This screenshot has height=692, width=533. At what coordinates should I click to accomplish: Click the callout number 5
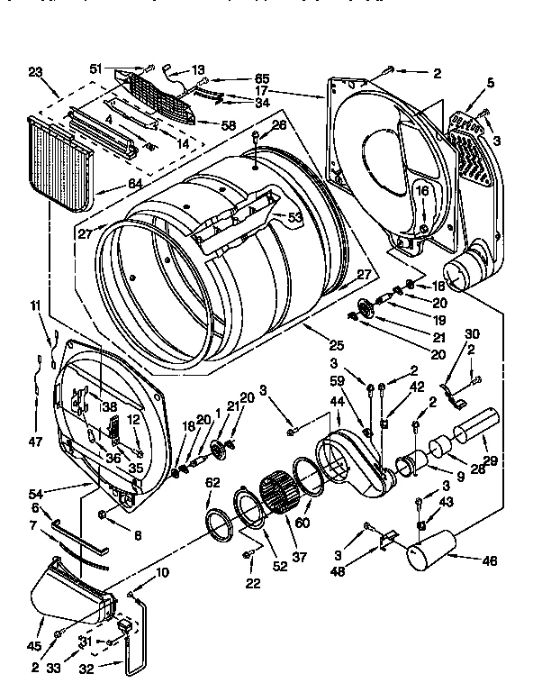coord(490,84)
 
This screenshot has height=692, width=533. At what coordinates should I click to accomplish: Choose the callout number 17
coord(260,90)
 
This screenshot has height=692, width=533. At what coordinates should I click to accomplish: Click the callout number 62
coord(212,482)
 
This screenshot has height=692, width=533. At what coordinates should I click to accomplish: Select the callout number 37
coord(299,558)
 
